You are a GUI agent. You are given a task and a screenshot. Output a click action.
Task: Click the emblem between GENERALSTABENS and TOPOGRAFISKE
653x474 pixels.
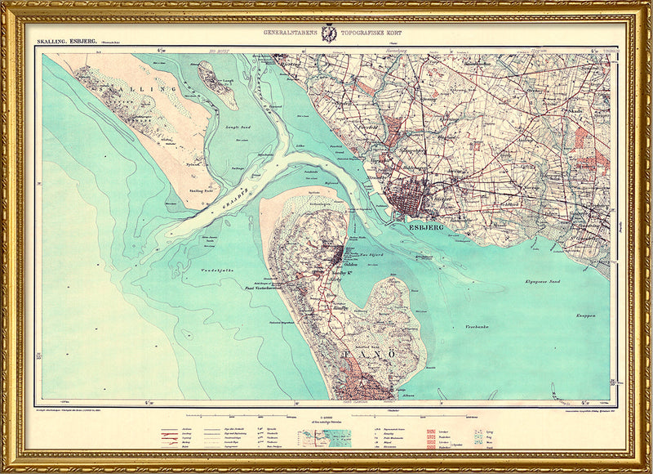point(329,33)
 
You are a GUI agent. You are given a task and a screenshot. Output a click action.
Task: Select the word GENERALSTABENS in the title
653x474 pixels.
point(289,34)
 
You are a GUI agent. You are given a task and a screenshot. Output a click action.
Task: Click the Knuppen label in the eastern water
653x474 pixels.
point(584,315)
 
